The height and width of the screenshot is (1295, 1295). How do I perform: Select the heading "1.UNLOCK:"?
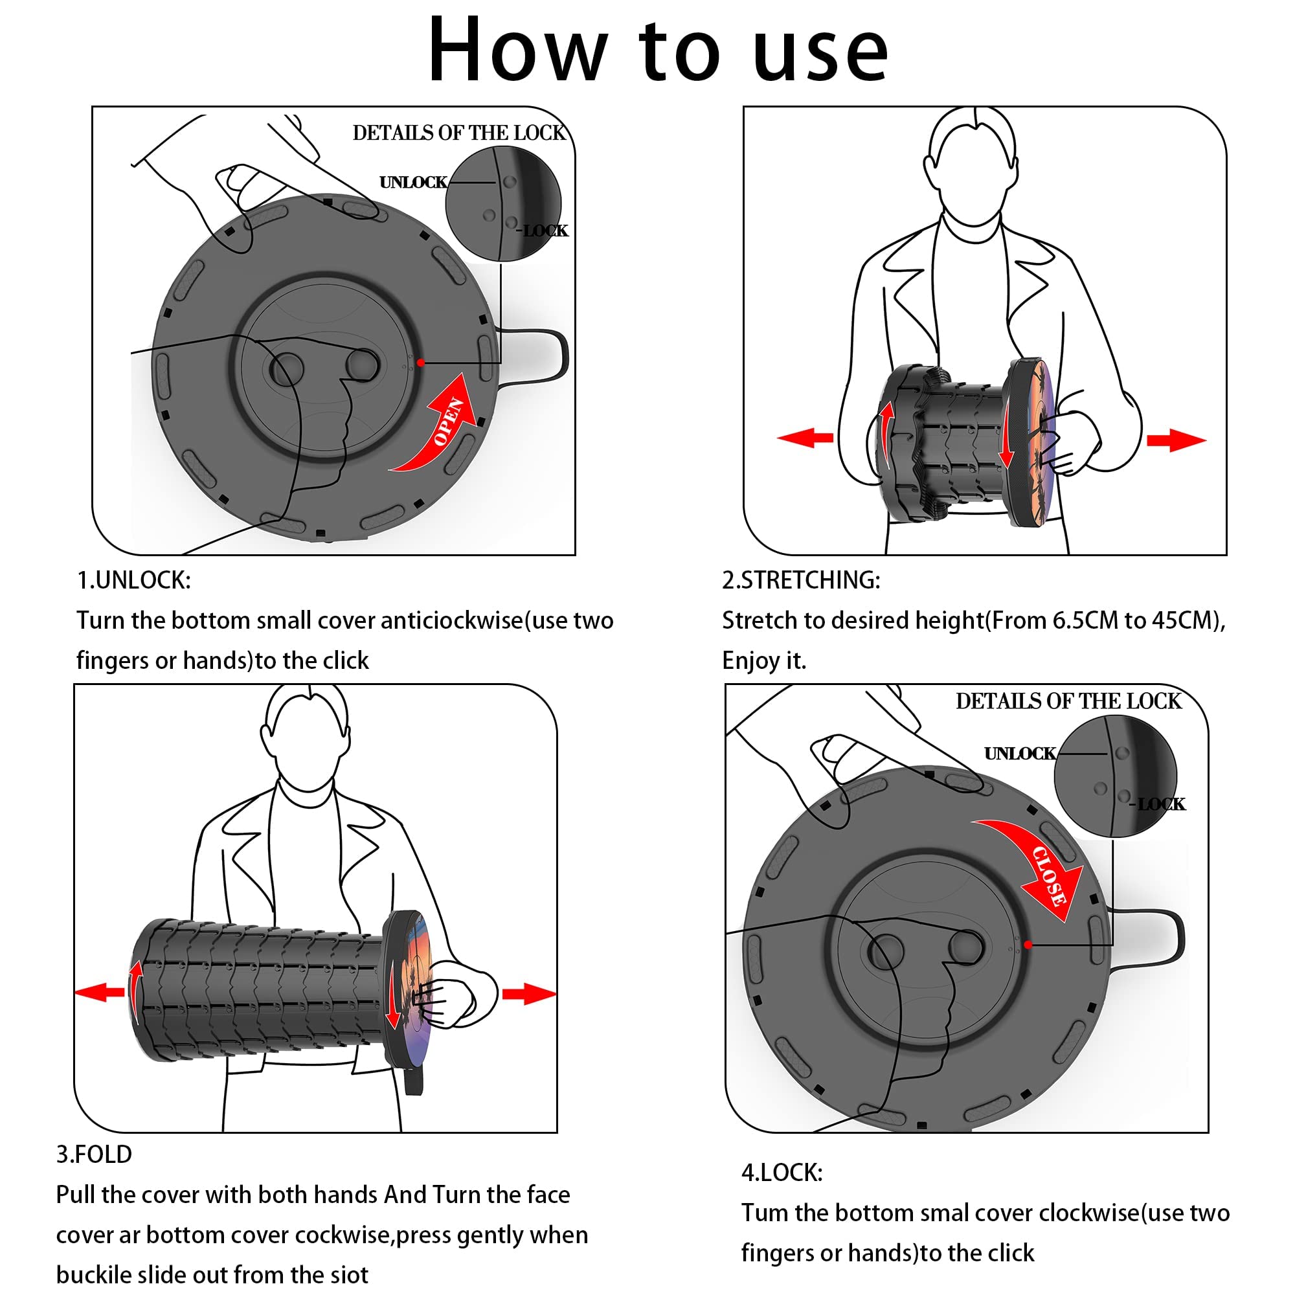134,580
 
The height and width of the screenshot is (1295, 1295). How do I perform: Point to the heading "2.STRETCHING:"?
801,580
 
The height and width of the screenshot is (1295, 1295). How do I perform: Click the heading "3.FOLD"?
94,1154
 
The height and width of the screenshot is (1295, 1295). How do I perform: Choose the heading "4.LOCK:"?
782,1173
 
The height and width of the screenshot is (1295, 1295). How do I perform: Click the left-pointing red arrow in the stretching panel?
804,438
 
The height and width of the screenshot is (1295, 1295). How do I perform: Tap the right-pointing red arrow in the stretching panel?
1177,440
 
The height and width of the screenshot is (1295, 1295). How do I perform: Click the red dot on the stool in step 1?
420,363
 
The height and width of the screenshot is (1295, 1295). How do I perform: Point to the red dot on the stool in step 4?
1028,945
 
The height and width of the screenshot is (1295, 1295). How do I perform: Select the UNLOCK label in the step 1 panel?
413,183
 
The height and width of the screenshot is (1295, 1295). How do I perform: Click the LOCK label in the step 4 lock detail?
1161,804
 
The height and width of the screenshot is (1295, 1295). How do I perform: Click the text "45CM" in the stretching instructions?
1185,621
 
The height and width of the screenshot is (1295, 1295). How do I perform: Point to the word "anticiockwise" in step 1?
451,621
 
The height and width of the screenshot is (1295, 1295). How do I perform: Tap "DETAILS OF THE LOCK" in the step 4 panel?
1068,701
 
